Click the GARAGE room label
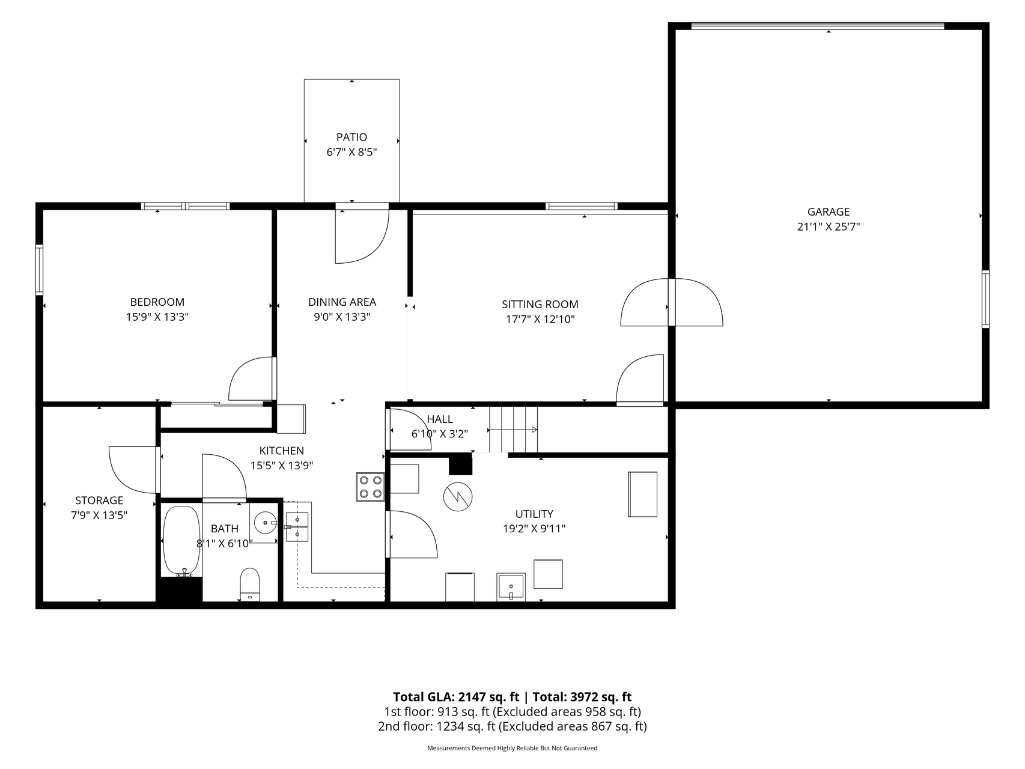tap(829, 211)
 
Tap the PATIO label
tap(351, 137)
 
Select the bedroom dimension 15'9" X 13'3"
tap(157, 317)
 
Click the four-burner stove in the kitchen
tap(370, 487)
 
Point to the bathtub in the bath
tap(181, 541)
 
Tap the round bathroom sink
tap(264, 523)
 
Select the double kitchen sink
tap(297, 527)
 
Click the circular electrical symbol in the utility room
tap(458, 497)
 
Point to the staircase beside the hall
tap(513, 430)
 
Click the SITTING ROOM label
tap(540, 305)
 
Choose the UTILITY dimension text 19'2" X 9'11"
tap(534, 529)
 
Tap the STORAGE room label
tap(99, 500)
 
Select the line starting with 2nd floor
tap(512, 726)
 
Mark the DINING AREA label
tap(342, 302)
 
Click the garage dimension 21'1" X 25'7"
tap(829, 227)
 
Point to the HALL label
tap(440, 419)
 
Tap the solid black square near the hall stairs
tap(461, 464)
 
